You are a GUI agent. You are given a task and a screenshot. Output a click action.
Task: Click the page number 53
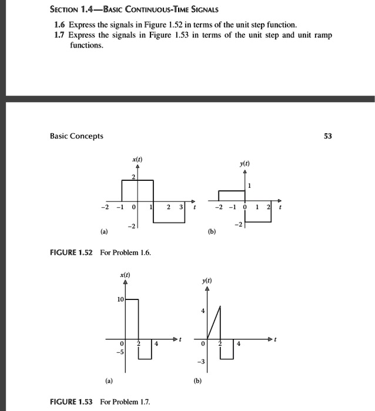coord(327,136)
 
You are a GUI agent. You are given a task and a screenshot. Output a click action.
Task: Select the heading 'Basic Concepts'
coord(76,136)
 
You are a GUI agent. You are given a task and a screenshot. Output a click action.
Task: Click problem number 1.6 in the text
coord(59,25)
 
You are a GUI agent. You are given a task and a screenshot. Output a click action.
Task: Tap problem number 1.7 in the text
coord(59,35)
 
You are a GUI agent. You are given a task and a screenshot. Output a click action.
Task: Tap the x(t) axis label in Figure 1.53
coord(125,276)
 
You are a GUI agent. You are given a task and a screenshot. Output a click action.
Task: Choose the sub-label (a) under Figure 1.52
coord(104,231)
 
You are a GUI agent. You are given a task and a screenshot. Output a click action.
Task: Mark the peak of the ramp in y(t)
coord(220,305)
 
